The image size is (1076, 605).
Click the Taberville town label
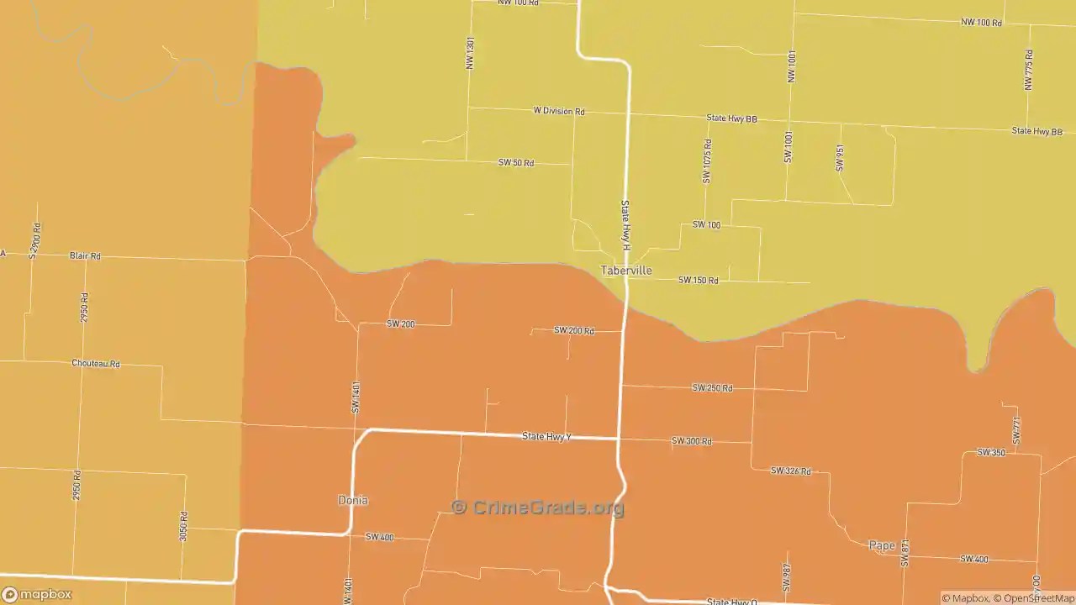coord(625,271)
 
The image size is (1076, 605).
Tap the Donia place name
coord(353,500)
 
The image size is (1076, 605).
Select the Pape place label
coord(882,545)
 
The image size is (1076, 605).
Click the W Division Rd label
coord(558,111)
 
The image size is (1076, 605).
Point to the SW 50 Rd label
coord(516,162)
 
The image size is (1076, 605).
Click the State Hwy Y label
coord(546,436)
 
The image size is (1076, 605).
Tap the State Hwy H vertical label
coord(625,225)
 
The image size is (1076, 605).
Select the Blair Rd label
coord(85,255)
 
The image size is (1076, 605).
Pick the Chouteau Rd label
coord(96,364)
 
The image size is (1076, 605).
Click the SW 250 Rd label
coord(712,387)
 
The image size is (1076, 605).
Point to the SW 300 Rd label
coord(691,441)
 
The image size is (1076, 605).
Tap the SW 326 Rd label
coord(790,471)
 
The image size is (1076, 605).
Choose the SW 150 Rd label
coord(698,280)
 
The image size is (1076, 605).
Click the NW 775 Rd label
coord(1029,70)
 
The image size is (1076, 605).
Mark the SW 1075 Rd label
coord(707,160)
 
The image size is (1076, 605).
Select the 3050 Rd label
coord(183,526)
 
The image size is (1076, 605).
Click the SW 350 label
coord(990,453)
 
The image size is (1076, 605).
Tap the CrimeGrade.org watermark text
coord(538,508)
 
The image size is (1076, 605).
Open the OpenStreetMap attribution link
coord(1035,598)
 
